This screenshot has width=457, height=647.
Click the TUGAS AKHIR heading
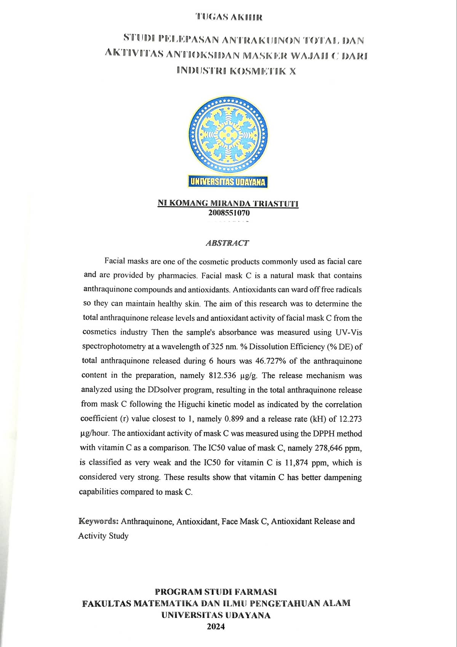pyautogui.click(x=229, y=17)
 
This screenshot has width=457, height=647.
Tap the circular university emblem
pyautogui.click(x=228, y=135)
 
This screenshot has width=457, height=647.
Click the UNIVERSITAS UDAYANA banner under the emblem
pyautogui.click(x=228, y=182)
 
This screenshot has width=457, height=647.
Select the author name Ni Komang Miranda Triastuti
pyautogui.click(x=228, y=203)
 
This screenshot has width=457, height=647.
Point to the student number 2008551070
pyautogui.click(x=229, y=213)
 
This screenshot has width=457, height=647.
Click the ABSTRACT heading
pyautogui.click(x=227, y=243)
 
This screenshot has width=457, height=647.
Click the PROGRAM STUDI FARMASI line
pyautogui.click(x=216, y=592)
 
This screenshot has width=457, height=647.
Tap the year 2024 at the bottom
pyautogui.click(x=216, y=626)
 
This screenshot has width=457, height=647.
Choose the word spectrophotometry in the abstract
pyautogui.click(x=113, y=347)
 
